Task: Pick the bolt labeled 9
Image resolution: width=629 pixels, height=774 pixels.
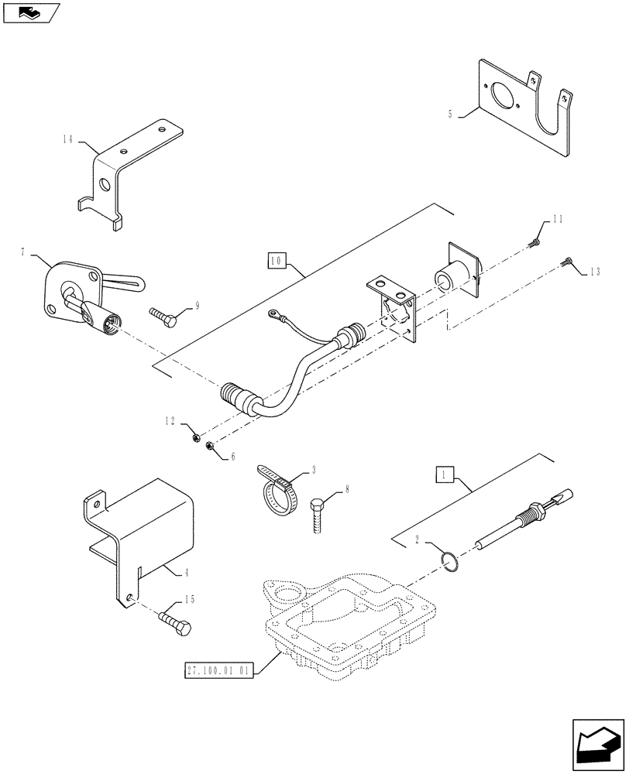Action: pos(166,317)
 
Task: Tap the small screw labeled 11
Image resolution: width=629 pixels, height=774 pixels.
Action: pos(534,244)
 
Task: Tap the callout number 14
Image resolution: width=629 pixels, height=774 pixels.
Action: pos(68,139)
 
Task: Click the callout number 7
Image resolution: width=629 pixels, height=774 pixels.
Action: pos(23,252)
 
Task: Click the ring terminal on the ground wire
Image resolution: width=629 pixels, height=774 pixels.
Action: pos(273,314)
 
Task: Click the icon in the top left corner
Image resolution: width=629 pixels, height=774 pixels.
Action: pos(32,12)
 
